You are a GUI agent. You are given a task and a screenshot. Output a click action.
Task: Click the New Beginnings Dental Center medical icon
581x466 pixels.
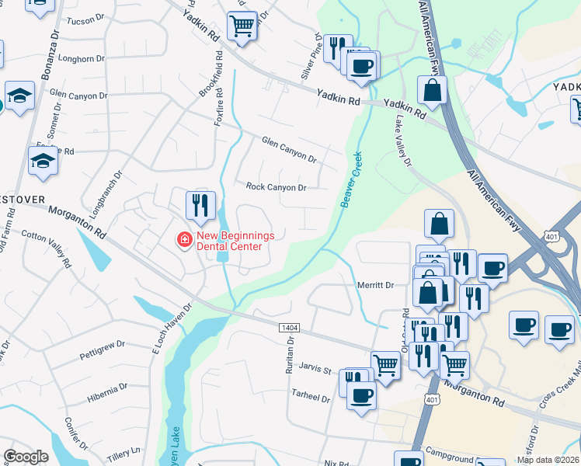coord(185,240)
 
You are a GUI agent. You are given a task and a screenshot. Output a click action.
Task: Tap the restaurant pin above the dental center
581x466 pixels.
coord(200,206)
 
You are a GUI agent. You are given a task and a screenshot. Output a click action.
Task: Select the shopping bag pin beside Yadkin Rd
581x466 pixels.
coord(432,92)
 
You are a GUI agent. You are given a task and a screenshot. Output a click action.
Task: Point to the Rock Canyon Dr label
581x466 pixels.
coord(277,187)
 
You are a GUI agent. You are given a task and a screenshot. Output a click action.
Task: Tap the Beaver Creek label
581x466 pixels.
coord(351,179)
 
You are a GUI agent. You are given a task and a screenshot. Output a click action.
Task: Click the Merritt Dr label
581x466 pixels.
coord(377,285)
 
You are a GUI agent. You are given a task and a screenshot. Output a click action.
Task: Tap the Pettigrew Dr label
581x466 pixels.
coord(102,350)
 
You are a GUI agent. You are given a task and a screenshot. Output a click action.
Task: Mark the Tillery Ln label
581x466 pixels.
coord(125,450)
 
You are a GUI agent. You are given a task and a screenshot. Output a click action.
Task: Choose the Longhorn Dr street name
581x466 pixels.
coord(81,58)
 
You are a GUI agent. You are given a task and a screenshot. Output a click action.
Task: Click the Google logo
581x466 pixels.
coord(26,457)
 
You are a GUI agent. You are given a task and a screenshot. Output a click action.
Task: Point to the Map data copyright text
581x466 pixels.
coord(548,460)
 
